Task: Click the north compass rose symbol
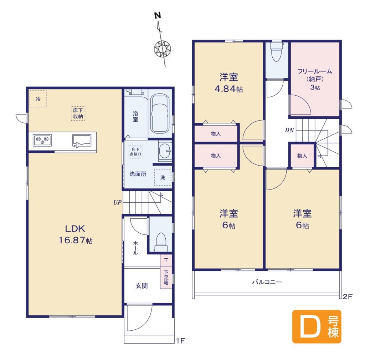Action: point(163,49)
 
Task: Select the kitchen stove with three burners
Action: point(42,140)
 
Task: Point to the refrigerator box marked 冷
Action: point(38,99)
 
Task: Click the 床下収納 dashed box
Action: point(78,113)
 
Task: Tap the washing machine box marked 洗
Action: point(163,177)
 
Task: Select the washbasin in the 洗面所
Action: point(165,151)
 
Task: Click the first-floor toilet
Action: point(161,242)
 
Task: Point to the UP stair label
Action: point(117,203)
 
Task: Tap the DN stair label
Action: point(289,130)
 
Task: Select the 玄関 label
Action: point(142,286)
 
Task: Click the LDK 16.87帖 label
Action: point(75,234)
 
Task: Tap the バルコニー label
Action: point(267,282)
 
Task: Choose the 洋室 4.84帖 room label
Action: point(228,83)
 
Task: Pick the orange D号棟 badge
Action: point(317,326)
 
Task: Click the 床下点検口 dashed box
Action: point(135,152)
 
